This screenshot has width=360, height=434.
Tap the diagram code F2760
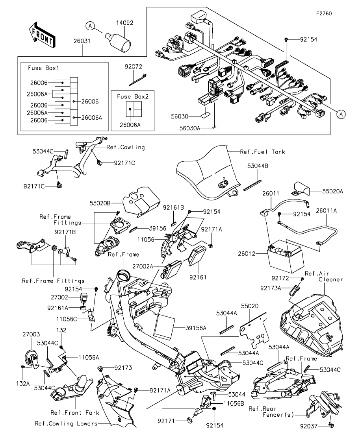tap(325, 13)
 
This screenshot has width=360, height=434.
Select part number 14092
tap(124, 23)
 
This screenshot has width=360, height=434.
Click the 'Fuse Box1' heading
tap(43, 68)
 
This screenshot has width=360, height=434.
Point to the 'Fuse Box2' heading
tap(132, 96)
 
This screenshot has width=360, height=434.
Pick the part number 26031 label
tap(82, 41)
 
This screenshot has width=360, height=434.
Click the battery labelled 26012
tap(286, 256)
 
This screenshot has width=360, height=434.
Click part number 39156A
tap(196, 328)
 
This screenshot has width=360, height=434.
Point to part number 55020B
tap(100, 203)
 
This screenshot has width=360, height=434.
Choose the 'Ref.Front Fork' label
tap(74, 413)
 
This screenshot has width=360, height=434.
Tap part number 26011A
tap(326, 211)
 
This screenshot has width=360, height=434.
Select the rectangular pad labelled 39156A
tap(165, 326)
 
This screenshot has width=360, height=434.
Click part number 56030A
tap(189, 128)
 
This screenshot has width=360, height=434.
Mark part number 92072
tap(133, 67)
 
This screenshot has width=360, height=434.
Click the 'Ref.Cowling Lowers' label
tap(66, 424)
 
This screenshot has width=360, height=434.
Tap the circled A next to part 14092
tap(90, 26)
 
